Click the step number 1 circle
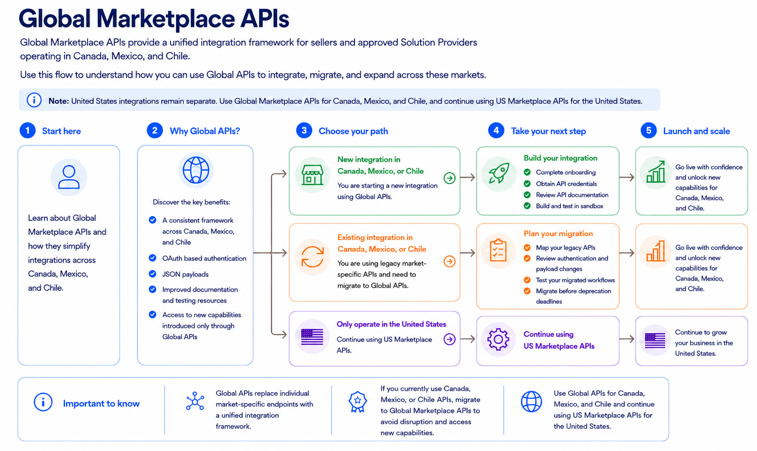27,130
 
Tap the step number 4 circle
496,130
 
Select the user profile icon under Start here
69,177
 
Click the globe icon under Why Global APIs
196,170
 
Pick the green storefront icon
313,175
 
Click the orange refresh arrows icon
313,257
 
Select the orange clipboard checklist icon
498,250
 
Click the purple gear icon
498,339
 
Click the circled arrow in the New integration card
450,178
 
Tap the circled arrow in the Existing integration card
450,261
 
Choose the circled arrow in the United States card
450,339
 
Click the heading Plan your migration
558,233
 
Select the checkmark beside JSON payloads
153,274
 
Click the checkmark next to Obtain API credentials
527,184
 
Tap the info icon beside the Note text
34,101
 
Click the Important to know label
102,403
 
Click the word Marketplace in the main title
165,19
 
